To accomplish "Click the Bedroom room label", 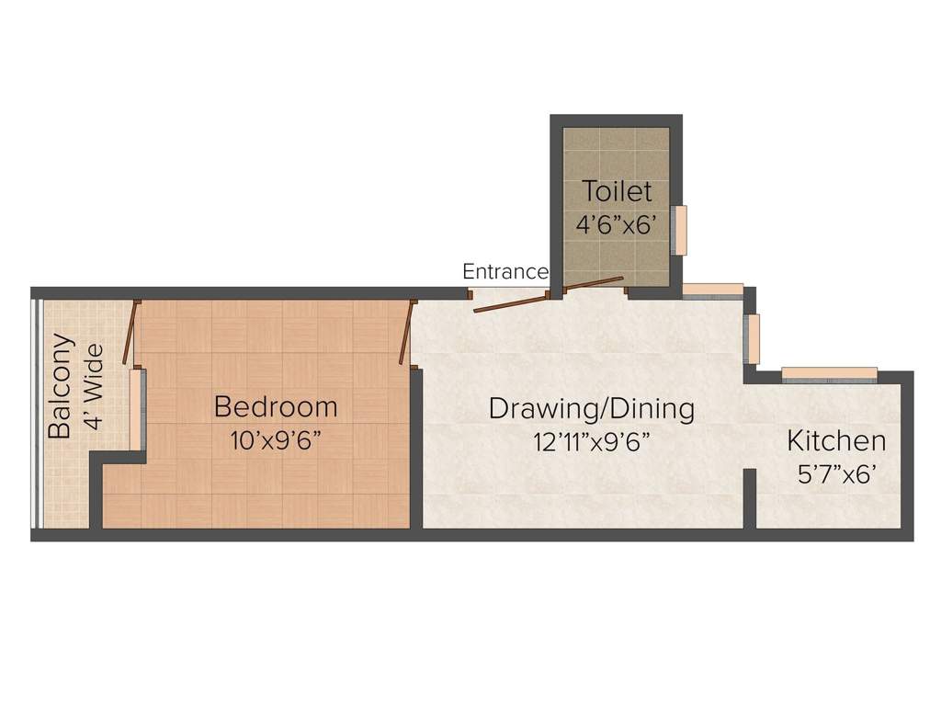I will click(276, 406).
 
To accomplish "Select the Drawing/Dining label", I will click(591, 408).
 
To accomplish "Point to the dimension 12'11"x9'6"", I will click(592, 441).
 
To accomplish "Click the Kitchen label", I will click(836, 441).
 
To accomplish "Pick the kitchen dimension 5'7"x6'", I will click(835, 474).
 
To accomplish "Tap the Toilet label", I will click(618, 192).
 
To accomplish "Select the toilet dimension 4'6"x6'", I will click(618, 224).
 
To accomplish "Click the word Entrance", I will click(505, 272).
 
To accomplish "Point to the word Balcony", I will click(60, 386).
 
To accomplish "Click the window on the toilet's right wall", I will click(681, 230).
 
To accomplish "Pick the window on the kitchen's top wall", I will click(829, 373).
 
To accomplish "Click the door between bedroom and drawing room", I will click(406, 331).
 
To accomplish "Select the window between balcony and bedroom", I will click(137, 409).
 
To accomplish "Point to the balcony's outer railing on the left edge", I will click(35, 414).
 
